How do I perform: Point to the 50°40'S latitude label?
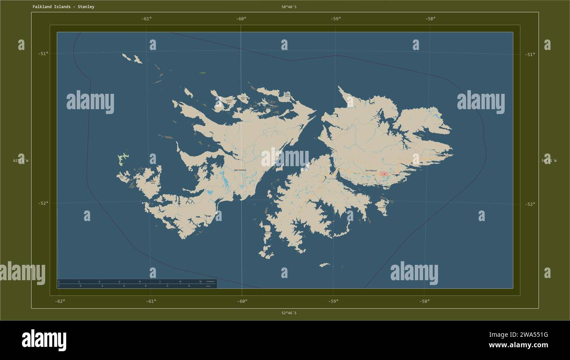[x=289, y=7]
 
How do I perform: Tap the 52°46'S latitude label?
[x=289, y=313]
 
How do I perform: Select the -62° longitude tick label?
[x=61, y=301]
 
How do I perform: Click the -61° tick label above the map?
[x=146, y=18]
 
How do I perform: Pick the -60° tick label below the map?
[x=242, y=301]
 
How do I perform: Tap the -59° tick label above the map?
[x=336, y=18]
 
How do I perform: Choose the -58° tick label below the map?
[x=424, y=301]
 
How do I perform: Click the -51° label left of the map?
[x=43, y=53]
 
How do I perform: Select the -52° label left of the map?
[x=43, y=203]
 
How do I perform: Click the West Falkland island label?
[x=240, y=170]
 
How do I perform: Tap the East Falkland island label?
[x=371, y=171]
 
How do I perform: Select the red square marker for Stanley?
[x=384, y=174]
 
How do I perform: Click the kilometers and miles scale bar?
[x=137, y=283]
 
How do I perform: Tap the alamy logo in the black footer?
[x=44, y=340]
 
